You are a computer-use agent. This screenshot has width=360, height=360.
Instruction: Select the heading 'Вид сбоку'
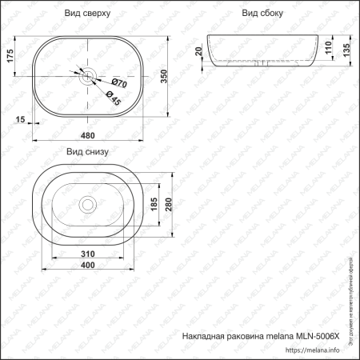point(261,14)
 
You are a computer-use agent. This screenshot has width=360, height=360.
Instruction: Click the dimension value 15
point(20,119)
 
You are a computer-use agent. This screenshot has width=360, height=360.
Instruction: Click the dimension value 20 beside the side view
point(199,52)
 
